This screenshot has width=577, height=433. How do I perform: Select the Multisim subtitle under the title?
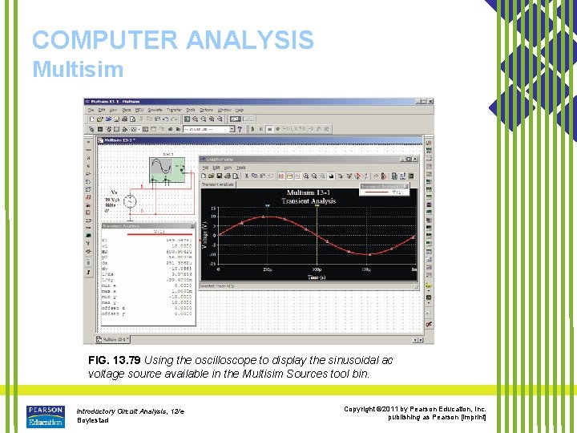coord(78,69)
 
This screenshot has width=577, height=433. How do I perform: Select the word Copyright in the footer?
coord(365,409)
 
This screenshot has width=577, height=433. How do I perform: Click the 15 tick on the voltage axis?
coord(214,208)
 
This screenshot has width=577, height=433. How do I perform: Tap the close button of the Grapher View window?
coord(414,160)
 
